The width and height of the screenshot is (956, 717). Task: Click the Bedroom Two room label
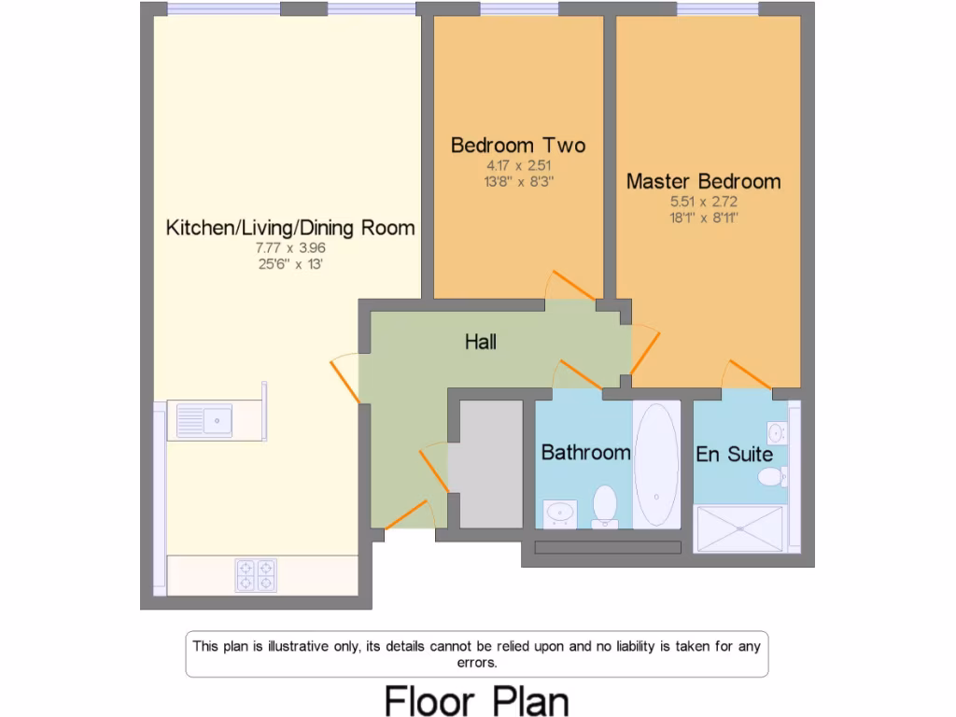(x=518, y=146)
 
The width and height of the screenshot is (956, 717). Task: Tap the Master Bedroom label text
(x=703, y=181)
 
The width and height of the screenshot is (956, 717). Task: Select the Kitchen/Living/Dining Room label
(x=290, y=228)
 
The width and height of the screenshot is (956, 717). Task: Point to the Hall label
(x=481, y=343)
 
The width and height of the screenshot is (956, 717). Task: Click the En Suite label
(x=734, y=455)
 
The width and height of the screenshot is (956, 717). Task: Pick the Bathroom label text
(x=585, y=453)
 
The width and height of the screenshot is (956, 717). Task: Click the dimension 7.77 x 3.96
(x=291, y=248)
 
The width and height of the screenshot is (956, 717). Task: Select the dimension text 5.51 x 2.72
(x=703, y=202)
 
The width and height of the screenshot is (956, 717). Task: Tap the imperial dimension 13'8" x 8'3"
(x=518, y=182)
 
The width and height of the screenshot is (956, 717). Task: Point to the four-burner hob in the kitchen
(x=256, y=574)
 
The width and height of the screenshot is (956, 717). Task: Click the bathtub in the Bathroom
(x=657, y=464)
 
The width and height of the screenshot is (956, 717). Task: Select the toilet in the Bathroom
(x=604, y=505)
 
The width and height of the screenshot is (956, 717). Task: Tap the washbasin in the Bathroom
(x=560, y=513)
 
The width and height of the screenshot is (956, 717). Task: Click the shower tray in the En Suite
(x=741, y=528)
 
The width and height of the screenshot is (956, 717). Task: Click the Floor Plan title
(x=477, y=700)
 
